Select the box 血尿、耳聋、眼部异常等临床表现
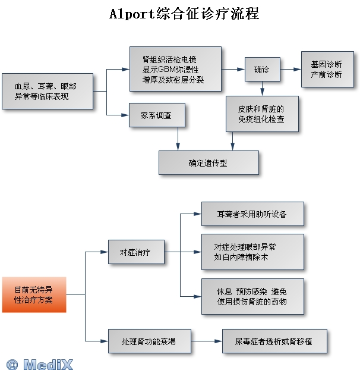48,91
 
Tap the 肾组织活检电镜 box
175,70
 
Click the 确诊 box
262,70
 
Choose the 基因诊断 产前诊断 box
326,69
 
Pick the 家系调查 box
157,115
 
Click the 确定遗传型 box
209,162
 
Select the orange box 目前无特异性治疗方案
34,294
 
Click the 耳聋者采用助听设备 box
252,214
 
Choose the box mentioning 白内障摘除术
252,252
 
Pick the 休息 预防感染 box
252,296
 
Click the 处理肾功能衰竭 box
149,341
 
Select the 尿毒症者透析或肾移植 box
274,341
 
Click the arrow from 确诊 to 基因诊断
290,70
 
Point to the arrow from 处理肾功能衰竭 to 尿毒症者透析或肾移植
205,341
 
